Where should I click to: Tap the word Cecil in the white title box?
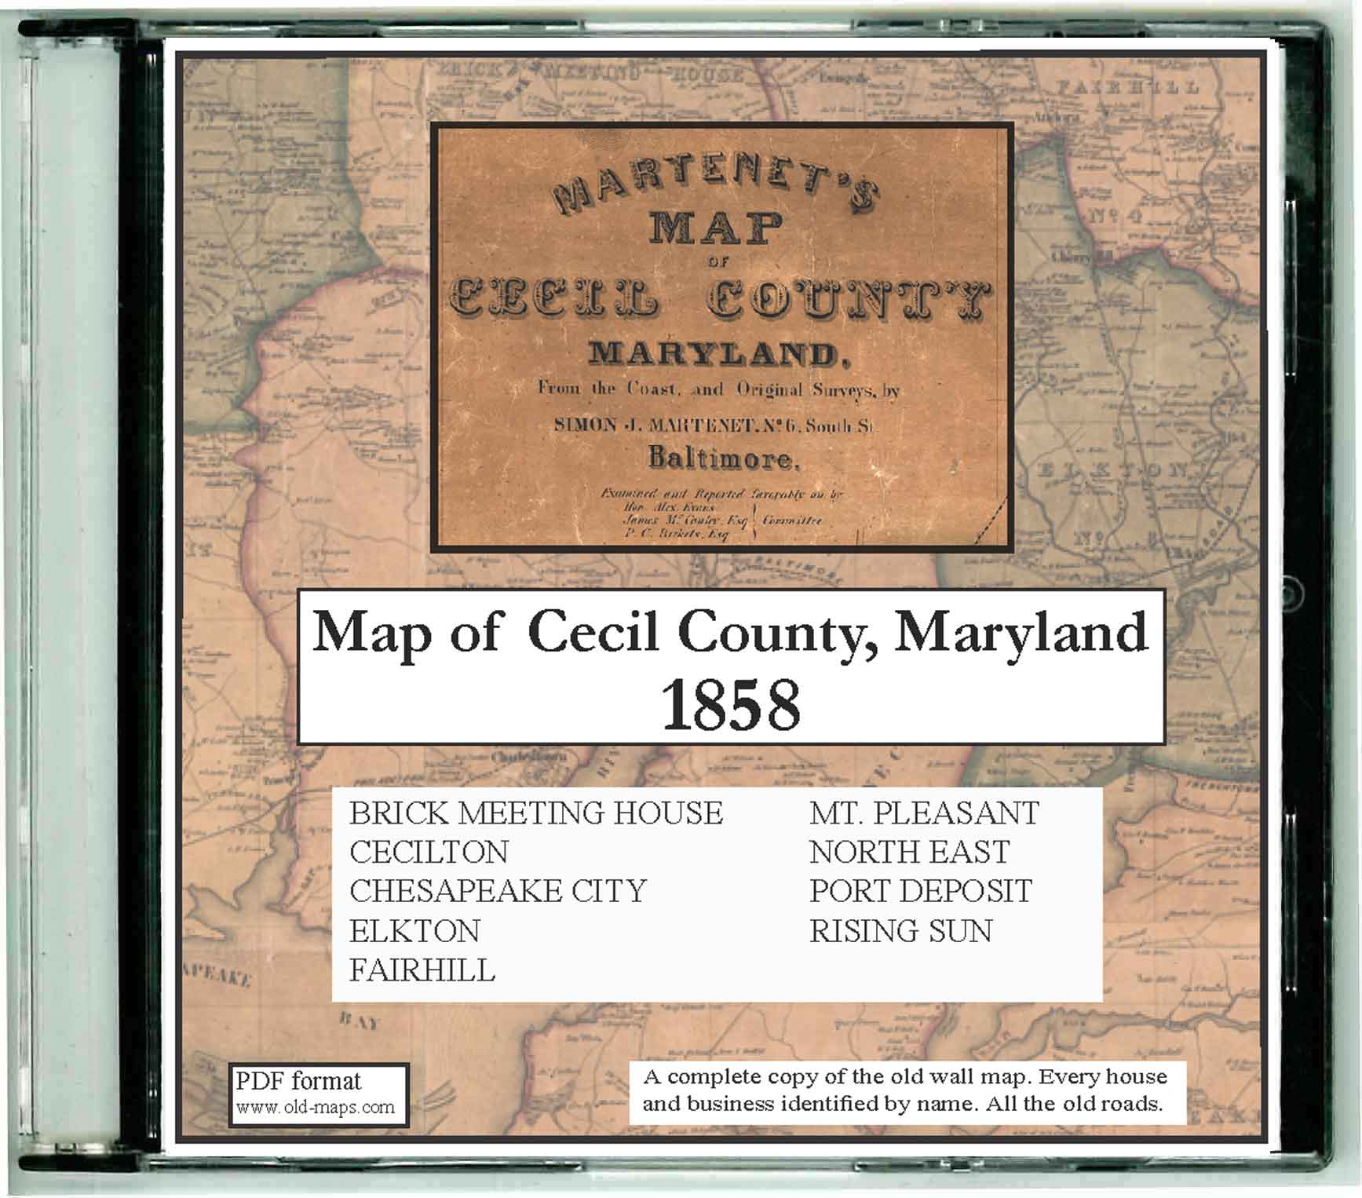tap(593, 633)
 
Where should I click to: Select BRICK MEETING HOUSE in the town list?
tap(535, 813)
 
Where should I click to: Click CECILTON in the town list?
tap(429, 853)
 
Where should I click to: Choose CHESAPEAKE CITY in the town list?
tap(498, 892)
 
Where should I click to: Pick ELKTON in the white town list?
tap(414, 932)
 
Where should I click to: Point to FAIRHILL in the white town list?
tap(422, 971)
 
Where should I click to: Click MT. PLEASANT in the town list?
tap(924, 813)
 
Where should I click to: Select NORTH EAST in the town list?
tap(909, 853)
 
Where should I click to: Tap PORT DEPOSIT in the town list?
tap(920, 892)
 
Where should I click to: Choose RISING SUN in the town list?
tap(900, 932)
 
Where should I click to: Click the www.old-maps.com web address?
tap(315, 1108)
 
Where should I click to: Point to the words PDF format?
tap(298, 1081)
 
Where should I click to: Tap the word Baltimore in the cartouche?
tap(723, 458)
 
